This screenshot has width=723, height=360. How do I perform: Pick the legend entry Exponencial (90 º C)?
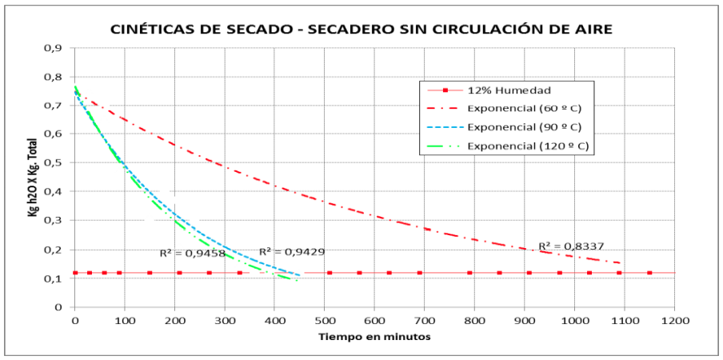point(523,126)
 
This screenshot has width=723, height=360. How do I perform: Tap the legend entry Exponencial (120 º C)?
point(526,146)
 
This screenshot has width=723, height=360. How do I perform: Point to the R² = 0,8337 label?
point(570,246)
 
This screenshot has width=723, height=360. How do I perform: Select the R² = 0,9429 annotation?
point(291,250)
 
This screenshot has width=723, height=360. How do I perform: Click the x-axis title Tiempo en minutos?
point(375,336)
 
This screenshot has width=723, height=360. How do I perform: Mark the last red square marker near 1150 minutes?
point(649,273)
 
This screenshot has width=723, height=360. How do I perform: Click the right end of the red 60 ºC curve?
point(621,263)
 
